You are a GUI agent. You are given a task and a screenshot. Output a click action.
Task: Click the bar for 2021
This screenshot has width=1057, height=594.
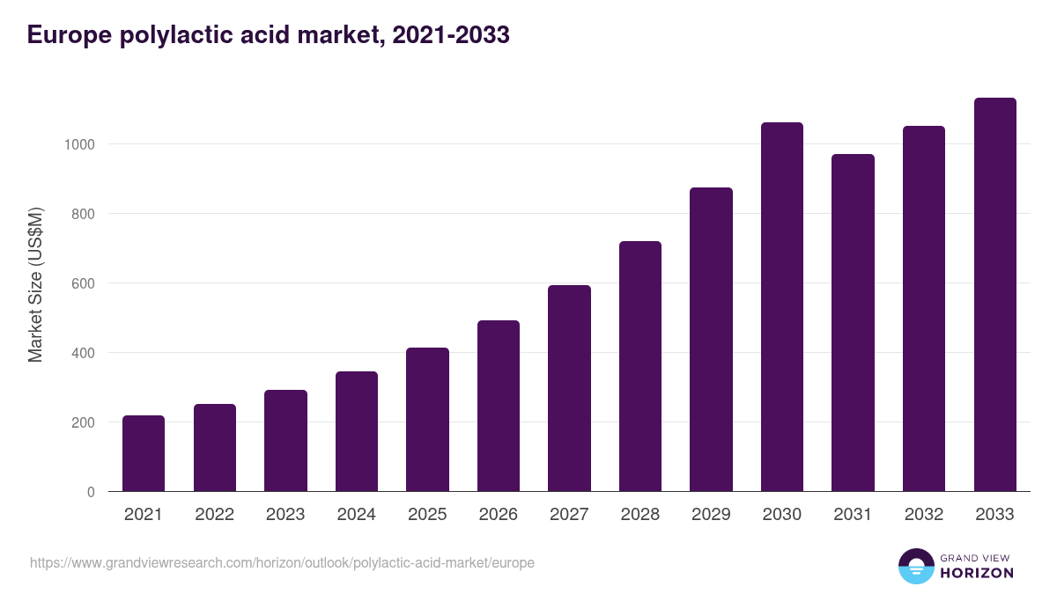(144, 453)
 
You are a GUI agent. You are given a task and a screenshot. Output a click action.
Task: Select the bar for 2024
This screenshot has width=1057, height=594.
(357, 431)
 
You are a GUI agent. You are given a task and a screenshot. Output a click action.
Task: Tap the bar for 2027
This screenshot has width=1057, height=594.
(569, 388)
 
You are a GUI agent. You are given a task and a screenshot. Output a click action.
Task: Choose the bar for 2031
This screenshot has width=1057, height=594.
(853, 322)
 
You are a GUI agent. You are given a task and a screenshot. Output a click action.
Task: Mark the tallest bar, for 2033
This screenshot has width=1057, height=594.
(994, 294)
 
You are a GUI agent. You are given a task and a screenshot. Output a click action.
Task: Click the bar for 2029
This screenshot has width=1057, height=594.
(711, 339)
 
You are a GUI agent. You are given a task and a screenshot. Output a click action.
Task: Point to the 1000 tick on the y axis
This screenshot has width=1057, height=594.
(79, 144)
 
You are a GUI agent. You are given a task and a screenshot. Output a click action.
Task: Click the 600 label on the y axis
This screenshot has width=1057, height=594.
(83, 283)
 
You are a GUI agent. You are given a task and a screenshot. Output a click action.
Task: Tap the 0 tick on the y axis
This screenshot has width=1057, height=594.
(91, 492)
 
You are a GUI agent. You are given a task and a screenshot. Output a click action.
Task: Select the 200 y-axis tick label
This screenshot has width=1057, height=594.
(83, 422)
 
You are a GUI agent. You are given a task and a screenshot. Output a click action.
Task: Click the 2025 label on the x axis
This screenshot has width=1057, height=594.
(427, 515)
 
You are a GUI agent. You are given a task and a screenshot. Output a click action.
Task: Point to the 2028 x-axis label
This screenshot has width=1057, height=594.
(640, 515)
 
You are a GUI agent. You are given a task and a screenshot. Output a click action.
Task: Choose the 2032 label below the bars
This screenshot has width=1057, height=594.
(924, 515)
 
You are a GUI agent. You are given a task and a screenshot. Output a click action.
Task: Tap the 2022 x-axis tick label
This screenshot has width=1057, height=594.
(214, 515)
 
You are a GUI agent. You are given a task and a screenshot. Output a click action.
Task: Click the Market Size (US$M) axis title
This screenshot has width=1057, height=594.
(35, 283)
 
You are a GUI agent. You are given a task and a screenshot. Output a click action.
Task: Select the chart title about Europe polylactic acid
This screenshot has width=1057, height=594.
(269, 35)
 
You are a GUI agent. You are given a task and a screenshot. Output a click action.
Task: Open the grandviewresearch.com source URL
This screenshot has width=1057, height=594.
(282, 562)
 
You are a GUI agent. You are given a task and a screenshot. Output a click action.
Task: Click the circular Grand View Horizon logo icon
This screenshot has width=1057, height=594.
(916, 566)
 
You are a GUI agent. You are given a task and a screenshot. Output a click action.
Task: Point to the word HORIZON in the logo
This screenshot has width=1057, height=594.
(977, 573)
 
